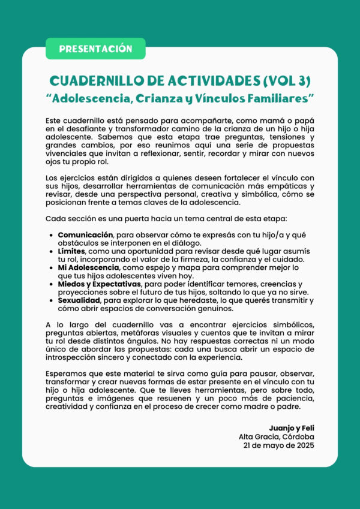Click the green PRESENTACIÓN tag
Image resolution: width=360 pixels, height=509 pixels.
(95, 49)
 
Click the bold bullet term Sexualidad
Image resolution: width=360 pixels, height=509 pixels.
(79, 300)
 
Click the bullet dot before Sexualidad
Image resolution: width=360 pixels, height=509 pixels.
(52, 300)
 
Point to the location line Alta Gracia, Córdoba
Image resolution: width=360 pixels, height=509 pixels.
(277, 438)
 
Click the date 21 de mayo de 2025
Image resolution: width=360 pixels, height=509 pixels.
(279, 446)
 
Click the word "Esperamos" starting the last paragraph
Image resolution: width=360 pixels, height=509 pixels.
(68, 374)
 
